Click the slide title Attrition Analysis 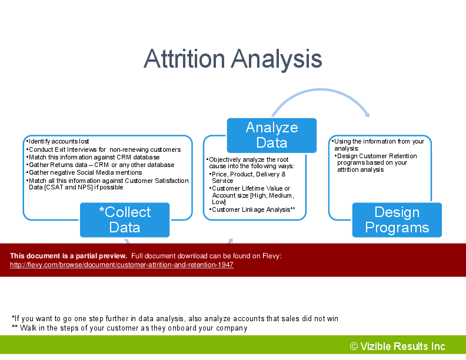232,59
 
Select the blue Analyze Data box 272,135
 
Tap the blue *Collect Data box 125,220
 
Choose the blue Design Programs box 397,220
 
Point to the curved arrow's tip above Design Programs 368,116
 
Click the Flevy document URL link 122,265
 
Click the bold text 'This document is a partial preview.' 68,256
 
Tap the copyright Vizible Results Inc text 397,346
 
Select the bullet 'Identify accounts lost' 58,141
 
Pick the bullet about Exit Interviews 104,149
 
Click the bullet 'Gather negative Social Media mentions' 84,172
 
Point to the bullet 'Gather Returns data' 100,165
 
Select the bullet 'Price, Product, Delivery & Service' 248,177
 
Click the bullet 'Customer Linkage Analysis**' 252,209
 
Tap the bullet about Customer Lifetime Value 252,195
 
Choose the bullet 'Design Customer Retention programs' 375,163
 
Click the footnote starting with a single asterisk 175,319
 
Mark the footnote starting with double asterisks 129,328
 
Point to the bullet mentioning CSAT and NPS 107,184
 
